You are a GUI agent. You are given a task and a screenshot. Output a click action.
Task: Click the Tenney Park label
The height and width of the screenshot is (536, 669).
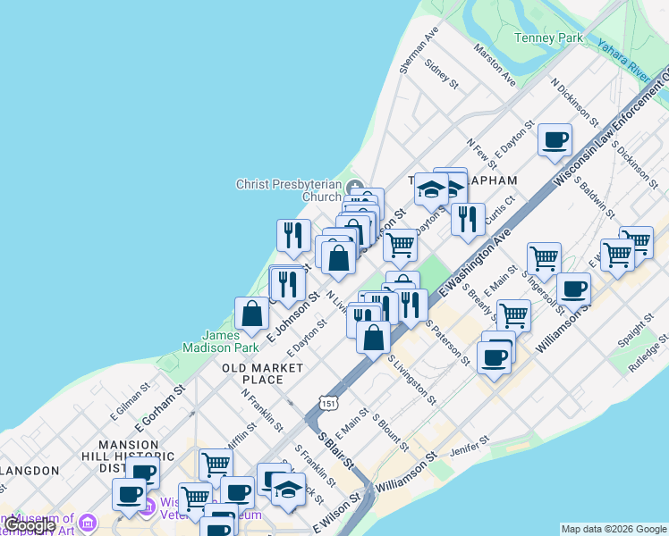coord(548,38)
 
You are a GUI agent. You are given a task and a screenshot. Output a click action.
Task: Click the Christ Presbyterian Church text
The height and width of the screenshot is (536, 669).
coord(288,190)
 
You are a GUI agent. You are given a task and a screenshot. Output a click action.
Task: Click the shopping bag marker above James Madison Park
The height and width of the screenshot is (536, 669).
coord(252,314)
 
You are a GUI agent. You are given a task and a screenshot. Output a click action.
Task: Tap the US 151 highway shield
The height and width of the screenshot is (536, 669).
coord(330,404)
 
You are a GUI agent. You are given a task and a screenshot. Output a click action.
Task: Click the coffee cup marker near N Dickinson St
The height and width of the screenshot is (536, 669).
coord(555,140)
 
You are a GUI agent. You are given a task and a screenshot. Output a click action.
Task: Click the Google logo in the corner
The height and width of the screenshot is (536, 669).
coord(29,525)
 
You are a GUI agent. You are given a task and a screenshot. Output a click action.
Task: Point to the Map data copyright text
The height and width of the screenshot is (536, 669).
coord(614,529)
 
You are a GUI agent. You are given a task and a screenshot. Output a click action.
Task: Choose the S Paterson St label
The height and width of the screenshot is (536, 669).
coord(447,342)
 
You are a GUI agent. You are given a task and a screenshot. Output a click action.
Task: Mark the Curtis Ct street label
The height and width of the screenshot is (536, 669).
coord(499,211)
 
